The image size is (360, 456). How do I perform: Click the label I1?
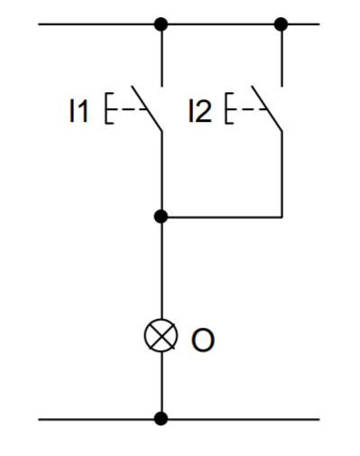point(78,111)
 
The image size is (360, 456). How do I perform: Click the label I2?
point(200,111)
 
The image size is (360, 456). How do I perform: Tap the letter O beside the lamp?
point(203,340)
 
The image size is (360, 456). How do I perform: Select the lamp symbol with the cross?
point(161,335)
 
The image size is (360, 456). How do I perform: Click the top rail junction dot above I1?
point(161,24)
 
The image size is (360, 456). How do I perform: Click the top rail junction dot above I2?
point(282,24)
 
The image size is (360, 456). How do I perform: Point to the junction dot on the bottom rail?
point(161,419)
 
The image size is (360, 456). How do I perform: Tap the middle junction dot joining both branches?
point(161,217)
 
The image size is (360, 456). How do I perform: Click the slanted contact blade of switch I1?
point(147,108)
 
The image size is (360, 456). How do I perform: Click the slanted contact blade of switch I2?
point(267,108)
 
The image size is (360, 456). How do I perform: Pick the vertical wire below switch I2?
point(282,174)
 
